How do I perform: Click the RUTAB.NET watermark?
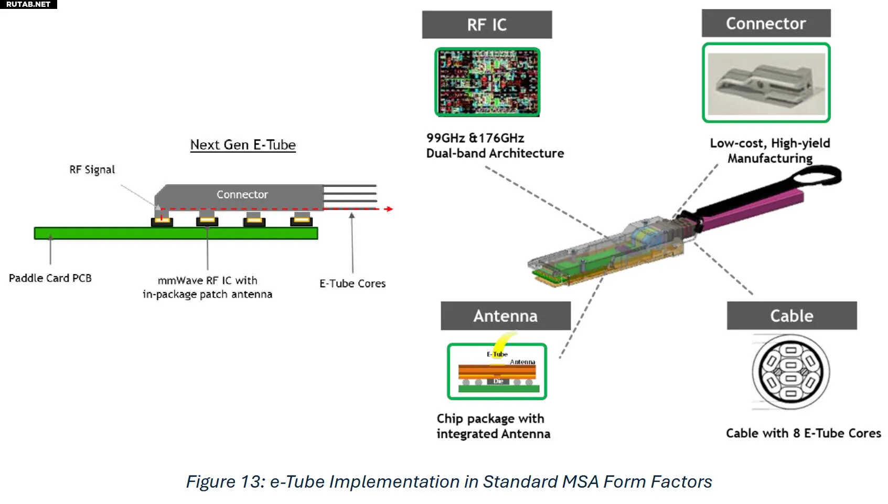pyautogui.click(x=28, y=4)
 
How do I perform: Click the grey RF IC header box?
pyautogui.click(x=487, y=25)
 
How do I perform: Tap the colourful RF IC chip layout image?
pyautogui.click(x=487, y=82)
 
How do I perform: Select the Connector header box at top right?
pyautogui.click(x=766, y=23)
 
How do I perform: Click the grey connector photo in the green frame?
pyautogui.click(x=766, y=83)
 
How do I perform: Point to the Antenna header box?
pyautogui.click(x=505, y=316)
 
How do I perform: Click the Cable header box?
pyautogui.click(x=791, y=316)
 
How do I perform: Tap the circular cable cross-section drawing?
pyautogui.click(x=791, y=372)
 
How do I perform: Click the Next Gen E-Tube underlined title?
pyautogui.click(x=243, y=145)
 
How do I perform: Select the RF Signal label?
pyautogui.click(x=92, y=170)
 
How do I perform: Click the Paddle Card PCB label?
pyautogui.click(x=50, y=278)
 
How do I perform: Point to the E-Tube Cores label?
pyautogui.click(x=352, y=283)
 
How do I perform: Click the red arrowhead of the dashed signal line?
pyautogui.click(x=389, y=209)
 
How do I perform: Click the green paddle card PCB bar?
pyautogui.click(x=176, y=233)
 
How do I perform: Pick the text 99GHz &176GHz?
pyautogui.click(x=475, y=138)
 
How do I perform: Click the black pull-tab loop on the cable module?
pyautogui.click(x=816, y=175)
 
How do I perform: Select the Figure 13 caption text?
pyautogui.click(x=449, y=481)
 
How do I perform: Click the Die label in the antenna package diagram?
pyautogui.click(x=498, y=381)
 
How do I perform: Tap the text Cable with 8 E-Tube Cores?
pyautogui.click(x=803, y=433)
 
